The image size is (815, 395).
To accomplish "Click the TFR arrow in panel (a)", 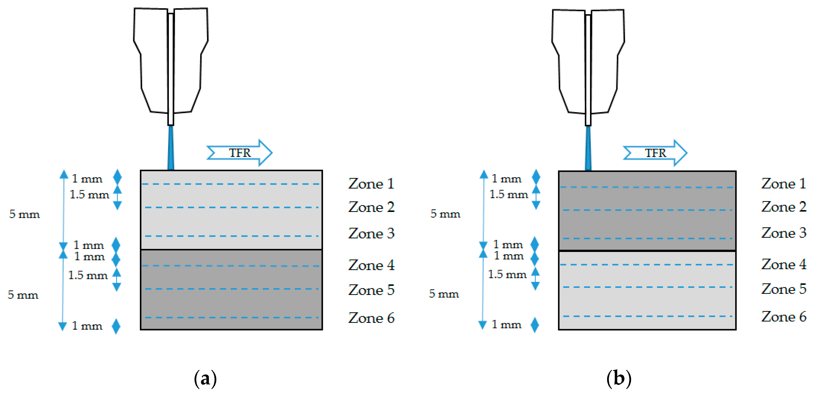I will click(x=240, y=153).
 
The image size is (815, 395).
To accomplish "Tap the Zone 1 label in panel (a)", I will click(x=371, y=184).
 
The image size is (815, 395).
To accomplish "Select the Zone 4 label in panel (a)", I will click(x=371, y=265).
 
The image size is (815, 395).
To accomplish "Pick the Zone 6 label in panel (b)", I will click(x=783, y=317).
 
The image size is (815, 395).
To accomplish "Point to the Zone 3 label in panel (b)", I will click(x=783, y=233).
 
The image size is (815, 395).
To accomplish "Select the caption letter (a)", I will click(x=205, y=378).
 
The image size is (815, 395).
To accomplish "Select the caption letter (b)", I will click(x=619, y=378).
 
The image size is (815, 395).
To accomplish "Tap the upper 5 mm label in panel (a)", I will click(x=24, y=214).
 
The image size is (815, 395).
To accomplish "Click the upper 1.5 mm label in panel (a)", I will click(x=89, y=194).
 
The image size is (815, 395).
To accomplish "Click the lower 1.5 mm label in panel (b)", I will click(x=507, y=274).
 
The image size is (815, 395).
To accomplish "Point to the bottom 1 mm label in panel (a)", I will click(x=87, y=326).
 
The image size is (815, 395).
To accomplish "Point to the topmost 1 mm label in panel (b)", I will click(x=506, y=179).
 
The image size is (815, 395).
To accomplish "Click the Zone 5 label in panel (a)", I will click(x=371, y=290).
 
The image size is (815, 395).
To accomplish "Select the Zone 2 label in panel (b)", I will click(x=783, y=207).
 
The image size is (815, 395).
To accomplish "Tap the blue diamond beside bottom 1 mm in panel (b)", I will click(x=535, y=325).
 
